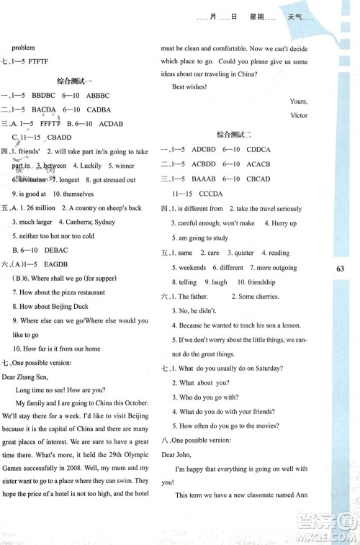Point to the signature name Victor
[298, 115]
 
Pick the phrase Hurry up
[284, 223]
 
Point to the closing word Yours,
[298, 101]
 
